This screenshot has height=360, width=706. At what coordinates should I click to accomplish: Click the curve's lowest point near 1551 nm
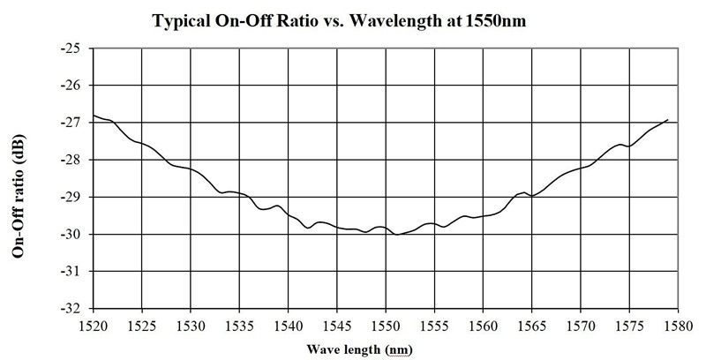[x=398, y=235]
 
